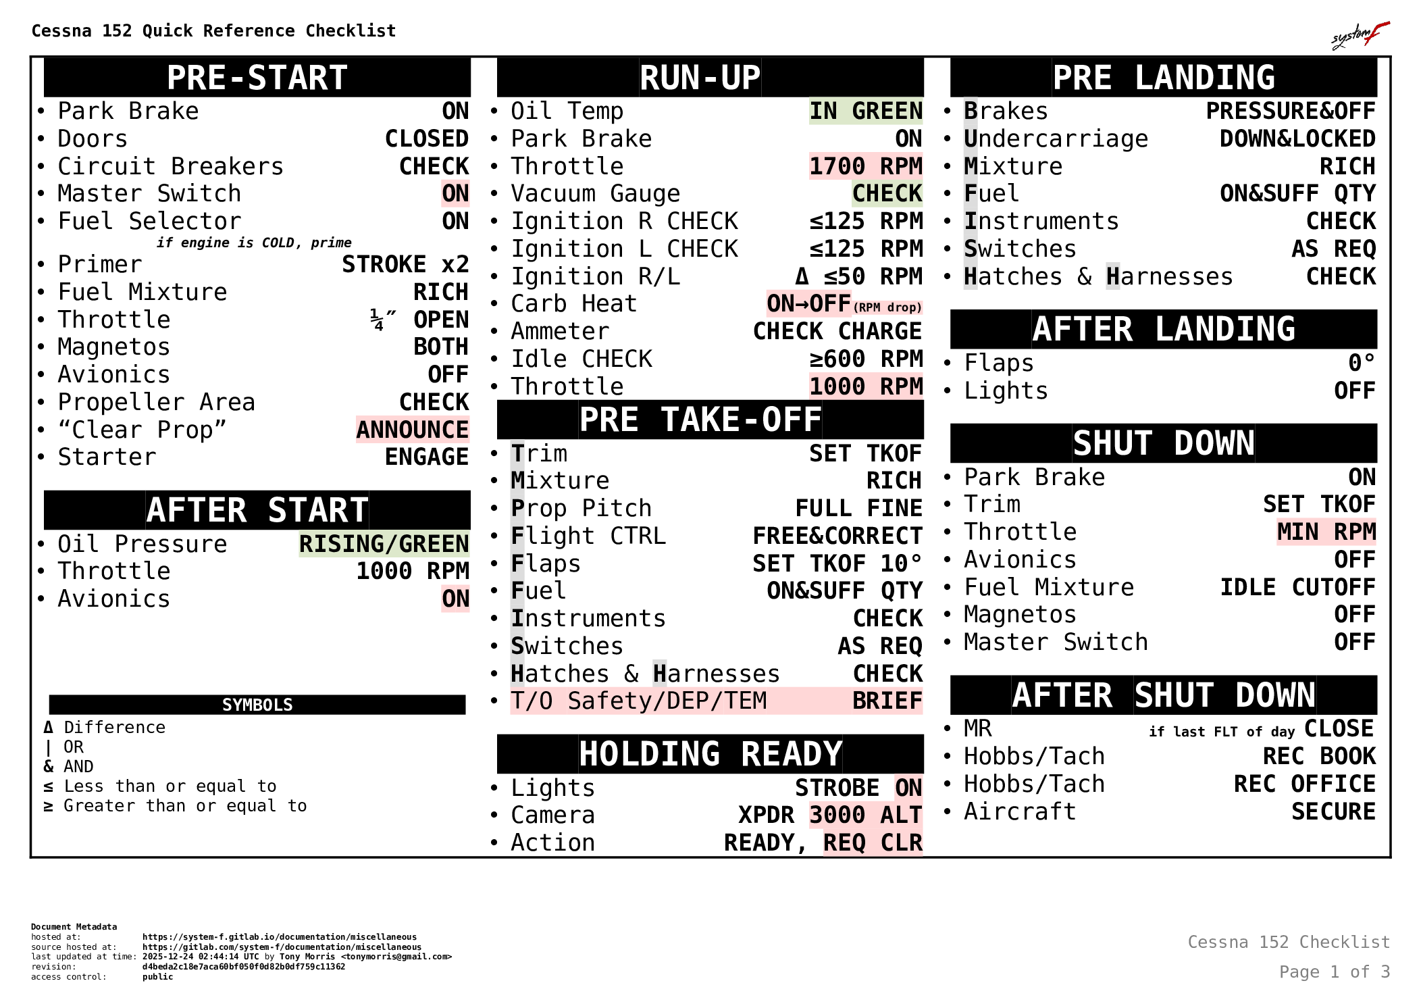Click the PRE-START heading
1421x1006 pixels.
coord(257,78)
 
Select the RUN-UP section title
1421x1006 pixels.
coord(700,78)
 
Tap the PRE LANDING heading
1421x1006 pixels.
coord(1164,78)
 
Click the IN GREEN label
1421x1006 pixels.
coord(866,111)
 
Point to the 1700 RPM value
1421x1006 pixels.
coord(866,166)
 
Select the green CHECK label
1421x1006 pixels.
coord(887,194)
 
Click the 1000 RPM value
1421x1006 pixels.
coord(866,386)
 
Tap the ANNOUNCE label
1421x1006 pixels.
coord(413,430)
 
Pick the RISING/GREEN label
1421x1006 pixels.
coord(384,544)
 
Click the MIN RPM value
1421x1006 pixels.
coord(1326,532)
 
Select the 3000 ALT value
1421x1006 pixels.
coord(866,815)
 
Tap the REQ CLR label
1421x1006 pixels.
coord(873,842)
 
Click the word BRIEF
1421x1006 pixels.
coord(887,701)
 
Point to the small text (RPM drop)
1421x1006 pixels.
coord(887,307)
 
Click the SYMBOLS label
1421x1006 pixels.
coord(257,705)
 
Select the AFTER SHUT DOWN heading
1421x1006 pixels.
coord(1164,695)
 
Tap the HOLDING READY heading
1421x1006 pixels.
coord(710,754)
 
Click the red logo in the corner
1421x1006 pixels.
coord(1361,35)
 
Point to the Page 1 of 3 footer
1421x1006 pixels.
coord(1334,972)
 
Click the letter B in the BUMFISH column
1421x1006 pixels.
coord(971,110)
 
